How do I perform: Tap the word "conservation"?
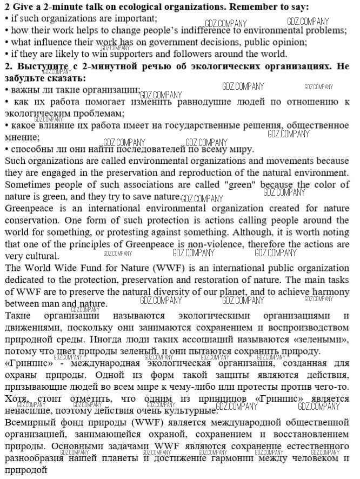coord(31,220)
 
